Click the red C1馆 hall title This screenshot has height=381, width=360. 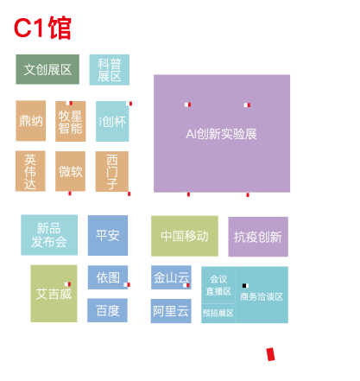(x=42, y=28)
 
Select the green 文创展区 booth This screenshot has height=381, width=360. (x=47, y=69)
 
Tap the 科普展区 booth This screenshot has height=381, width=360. (x=110, y=70)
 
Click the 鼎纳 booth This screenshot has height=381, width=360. (x=31, y=121)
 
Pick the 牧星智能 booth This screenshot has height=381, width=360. (x=71, y=121)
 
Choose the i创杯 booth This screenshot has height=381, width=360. (x=112, y=121)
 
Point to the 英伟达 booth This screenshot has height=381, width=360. (x=30, y=171)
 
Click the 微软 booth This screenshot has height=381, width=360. (x=70, y=171)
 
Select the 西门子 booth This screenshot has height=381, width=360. (x=112, y=172)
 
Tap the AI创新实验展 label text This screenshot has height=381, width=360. (x=221, y=134)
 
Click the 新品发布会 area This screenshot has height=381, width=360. (x=49, y=235)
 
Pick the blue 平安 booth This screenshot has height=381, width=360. (x=108, y=235)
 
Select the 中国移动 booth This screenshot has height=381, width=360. (x=185, y=236)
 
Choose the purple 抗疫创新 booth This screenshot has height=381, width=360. (x=258, y=237)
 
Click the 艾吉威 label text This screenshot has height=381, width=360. (x=54, y=294)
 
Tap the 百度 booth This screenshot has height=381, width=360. (x=107, y=310)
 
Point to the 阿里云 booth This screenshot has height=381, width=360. (x=171, y=311)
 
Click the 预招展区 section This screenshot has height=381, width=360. (x=218, y=314)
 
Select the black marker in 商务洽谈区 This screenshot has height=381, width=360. (x=244, y=286)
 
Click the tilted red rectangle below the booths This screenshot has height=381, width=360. (x=270, y=354)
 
